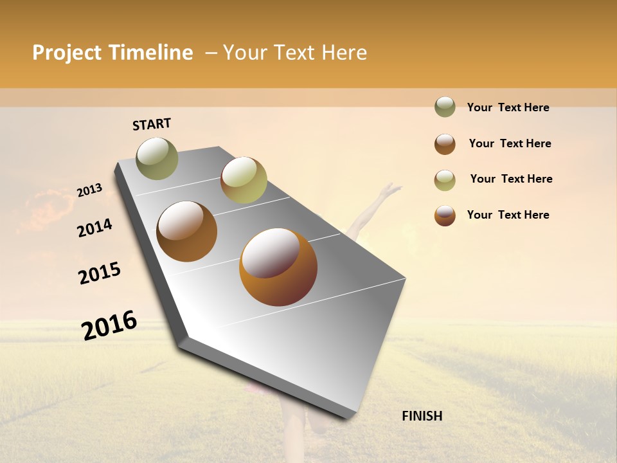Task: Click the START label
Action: click(x=152, y=124)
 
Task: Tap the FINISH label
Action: click(x=422, y=416)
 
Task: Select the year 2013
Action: click(x=89, y=190)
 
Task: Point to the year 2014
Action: click(x=94, y=228)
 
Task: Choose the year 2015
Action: click(x=100, y=273)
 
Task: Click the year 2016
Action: click(x=109, y=325)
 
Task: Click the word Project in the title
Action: click(x=67, y=53)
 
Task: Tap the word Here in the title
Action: click(x=344, y=53)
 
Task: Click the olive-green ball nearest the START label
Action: click(x=157, y=158)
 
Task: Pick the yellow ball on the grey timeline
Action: click(x=244, y=180)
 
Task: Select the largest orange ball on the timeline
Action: click(x=278, y=267)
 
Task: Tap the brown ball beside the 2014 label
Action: click(x=187, y=232)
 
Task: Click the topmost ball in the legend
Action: click(x=445, y=107)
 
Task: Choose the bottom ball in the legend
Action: click(x=445, y=215)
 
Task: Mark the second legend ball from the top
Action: click(x=445, y=144)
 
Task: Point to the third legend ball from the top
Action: click(x=445, y=180)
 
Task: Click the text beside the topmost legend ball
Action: click(x=508, y=107)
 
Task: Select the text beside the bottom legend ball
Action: click(x=508, y=215)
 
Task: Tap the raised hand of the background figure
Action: click(x=390, y=190)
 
